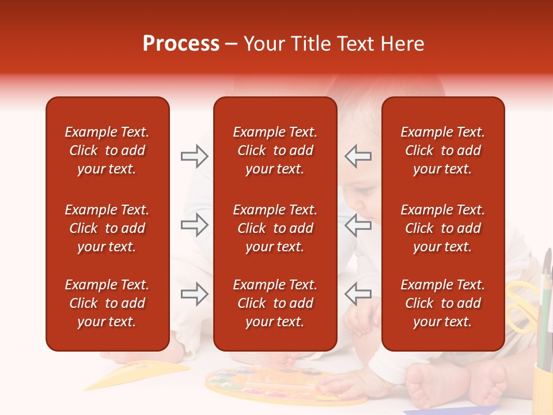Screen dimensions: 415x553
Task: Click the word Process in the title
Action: tap(181, 44)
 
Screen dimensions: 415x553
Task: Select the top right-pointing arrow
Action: tap(194, 156)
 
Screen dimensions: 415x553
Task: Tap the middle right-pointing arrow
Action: tap(194, 225)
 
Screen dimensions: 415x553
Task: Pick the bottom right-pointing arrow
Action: tap(194, 294)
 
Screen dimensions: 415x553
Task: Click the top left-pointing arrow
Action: tap(358, 156)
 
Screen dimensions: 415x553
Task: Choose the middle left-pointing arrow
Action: tap(358, 225)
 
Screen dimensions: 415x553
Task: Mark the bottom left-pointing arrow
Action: tap(358, 294)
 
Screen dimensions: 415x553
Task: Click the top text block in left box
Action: tap(107, 150)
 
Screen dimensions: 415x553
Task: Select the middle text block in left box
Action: tap(107, 228)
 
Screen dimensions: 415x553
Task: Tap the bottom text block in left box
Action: tap(107, 303)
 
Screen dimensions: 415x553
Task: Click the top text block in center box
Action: tap(275, 150)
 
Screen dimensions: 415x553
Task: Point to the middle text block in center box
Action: tap(275, 228)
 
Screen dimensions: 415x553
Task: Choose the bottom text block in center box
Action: tap(275, 303)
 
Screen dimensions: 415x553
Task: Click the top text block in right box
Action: tap(442, 150)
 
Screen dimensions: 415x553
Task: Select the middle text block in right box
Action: tap(442, 228)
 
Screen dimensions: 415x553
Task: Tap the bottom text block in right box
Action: tap(442, 303)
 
